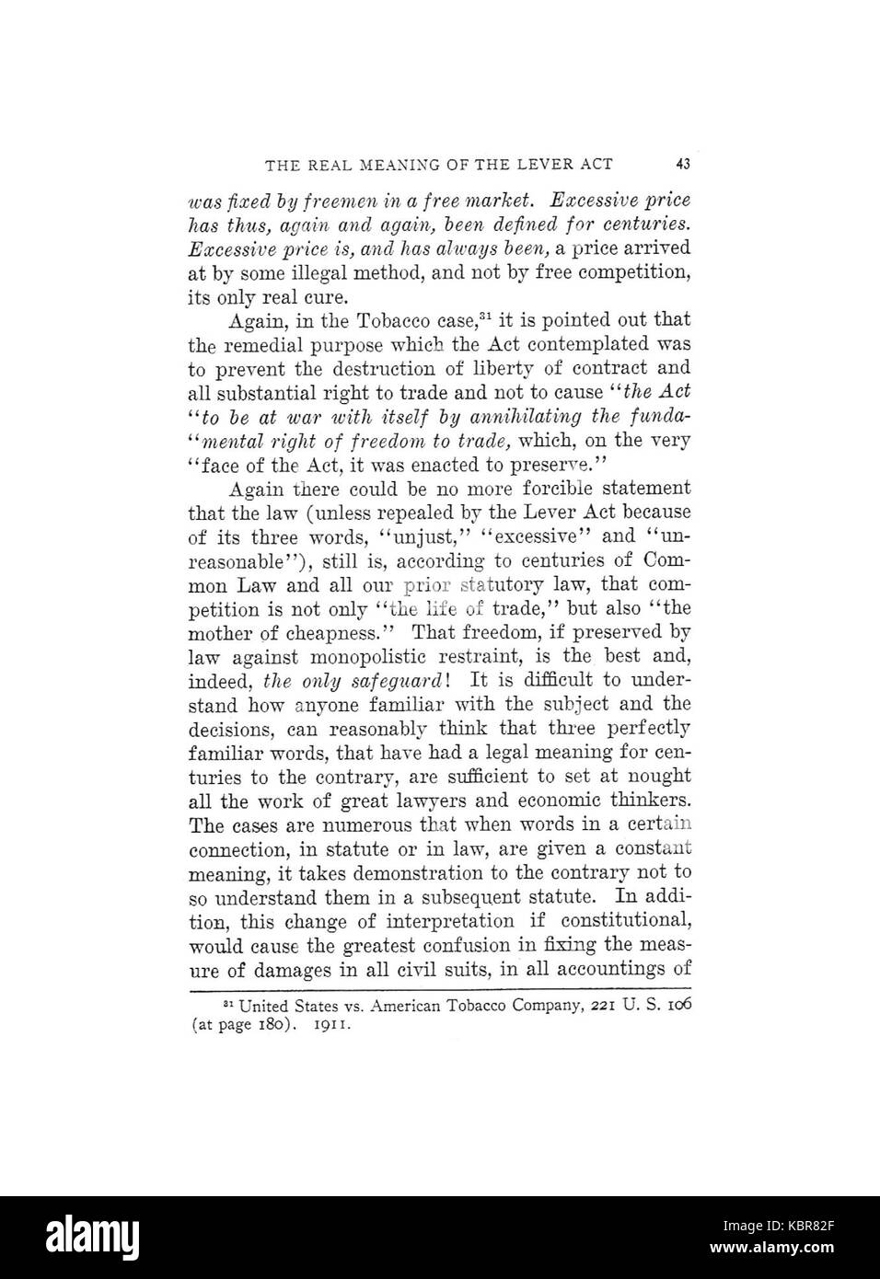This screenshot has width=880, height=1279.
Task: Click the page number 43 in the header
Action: tap(682, 165)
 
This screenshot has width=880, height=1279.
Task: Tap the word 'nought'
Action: tap(660, 777)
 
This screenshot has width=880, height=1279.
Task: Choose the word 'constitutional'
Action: tap(628, 920)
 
